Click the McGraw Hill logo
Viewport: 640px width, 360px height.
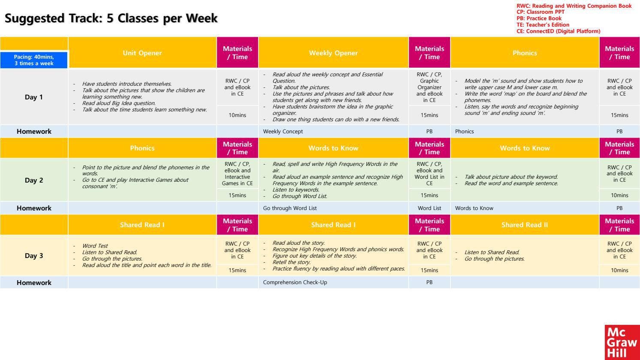[x=622, y=342]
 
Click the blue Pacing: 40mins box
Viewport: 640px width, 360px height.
[x=34, y=60]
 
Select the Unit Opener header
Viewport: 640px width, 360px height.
[x=142, y=53]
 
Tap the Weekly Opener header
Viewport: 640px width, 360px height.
[x=333, y=53]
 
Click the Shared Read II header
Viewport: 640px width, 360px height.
[x=525, y=225]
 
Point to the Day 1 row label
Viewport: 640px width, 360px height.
[x=34, y=97]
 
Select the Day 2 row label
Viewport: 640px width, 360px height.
[x=34, y=180]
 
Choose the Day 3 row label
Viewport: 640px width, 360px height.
[x=34, y=256]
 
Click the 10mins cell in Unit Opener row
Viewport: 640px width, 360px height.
[x=237, y=115]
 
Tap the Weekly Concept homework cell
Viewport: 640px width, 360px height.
[x=283, y=132]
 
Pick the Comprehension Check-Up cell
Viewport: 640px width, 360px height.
[x=295, y=282]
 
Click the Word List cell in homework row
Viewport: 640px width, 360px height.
[x=429, y=208]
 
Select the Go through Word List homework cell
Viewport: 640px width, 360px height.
[x=290, y=208]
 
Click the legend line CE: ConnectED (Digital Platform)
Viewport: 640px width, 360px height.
[x=558, y=31]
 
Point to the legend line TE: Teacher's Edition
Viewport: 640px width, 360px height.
[x=543, y=25]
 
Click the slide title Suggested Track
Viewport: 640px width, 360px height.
[x=111, y=18]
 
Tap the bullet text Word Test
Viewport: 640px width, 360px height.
[x=95, y=246]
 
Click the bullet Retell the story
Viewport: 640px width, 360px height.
[x=291, y=262]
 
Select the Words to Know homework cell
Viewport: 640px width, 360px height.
[x=474, y=208]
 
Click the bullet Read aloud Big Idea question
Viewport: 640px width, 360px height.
[x=119, y=103]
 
